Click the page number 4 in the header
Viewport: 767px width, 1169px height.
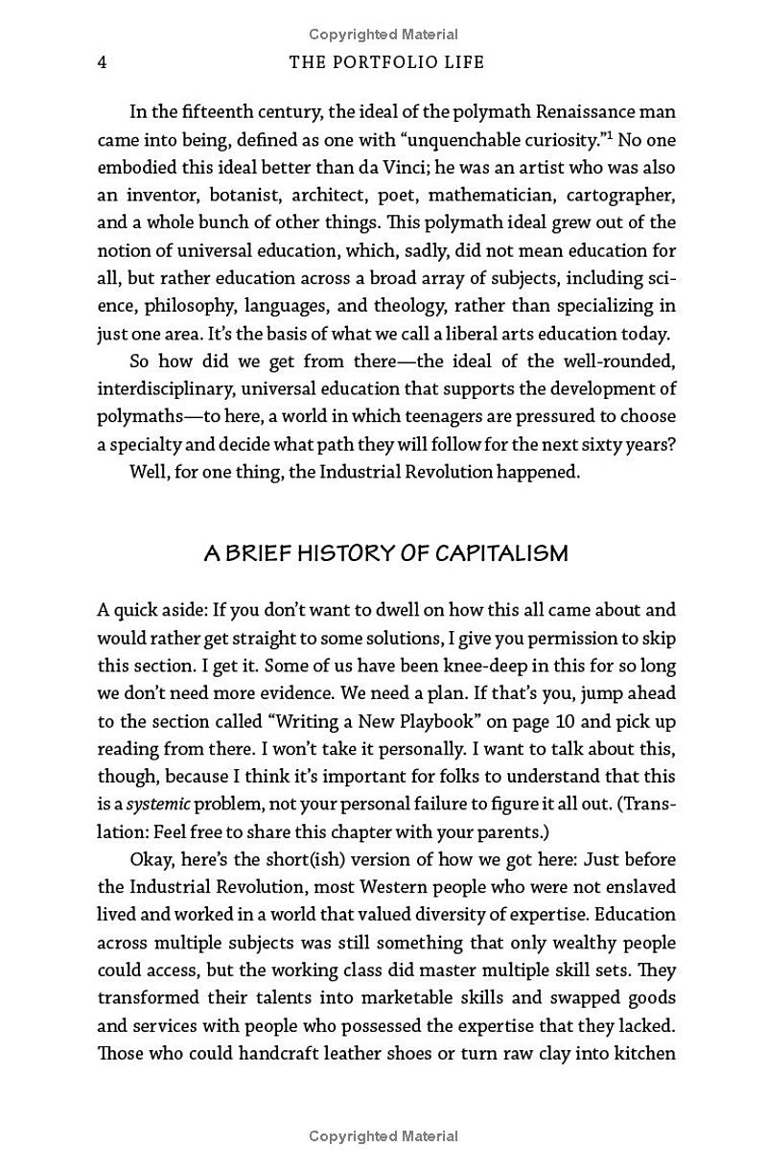click(x=102, y=62)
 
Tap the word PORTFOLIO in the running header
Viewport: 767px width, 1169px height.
click(x=383, y=62)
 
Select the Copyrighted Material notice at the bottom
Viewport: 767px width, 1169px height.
click(x=383, y=1136)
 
